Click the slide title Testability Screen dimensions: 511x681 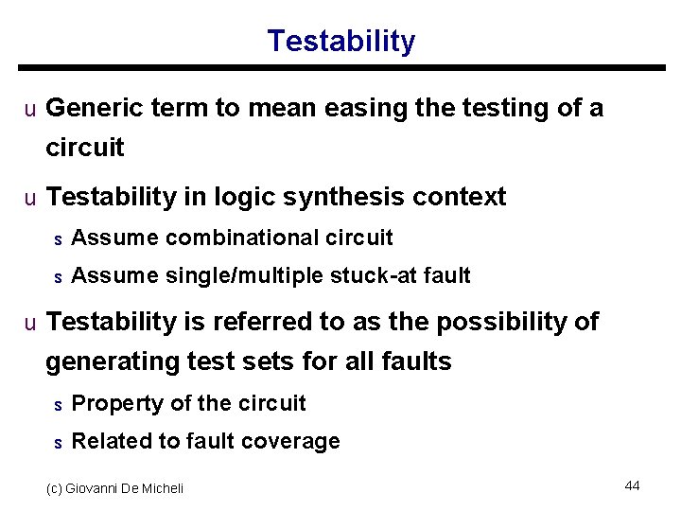tap(340, 42)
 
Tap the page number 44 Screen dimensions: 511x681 tap(632, 485)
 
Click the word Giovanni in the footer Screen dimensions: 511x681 tap(100, 488)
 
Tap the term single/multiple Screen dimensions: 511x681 tap(245, 275)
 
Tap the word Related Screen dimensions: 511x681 tap(104, 441)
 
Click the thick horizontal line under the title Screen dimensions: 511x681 tap(340, 68)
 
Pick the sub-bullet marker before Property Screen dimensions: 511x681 tap(58, 405)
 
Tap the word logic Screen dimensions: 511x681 tap(250, 197)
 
